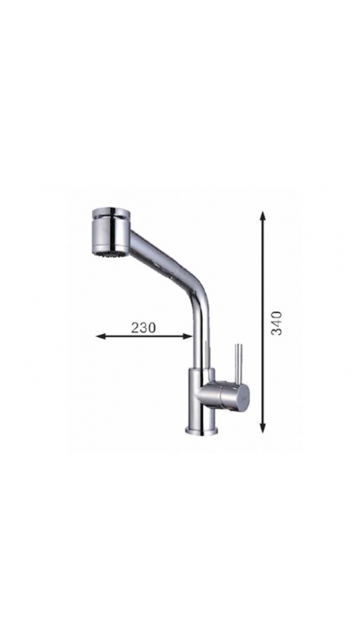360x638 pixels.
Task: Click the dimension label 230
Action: click(x=144, y=328)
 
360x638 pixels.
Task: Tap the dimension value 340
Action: click(x=277, y=323)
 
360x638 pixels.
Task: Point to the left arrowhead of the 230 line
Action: click(x=100, y=336)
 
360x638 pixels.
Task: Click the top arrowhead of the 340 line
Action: click(x=263, y=216)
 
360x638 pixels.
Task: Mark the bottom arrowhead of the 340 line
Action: click(x=263, y=427)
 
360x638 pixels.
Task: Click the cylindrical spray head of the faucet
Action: click(x=111, y=232)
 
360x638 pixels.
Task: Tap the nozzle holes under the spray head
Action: click(x=109, y=254)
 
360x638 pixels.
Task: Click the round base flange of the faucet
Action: click(x=202, y=430)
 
